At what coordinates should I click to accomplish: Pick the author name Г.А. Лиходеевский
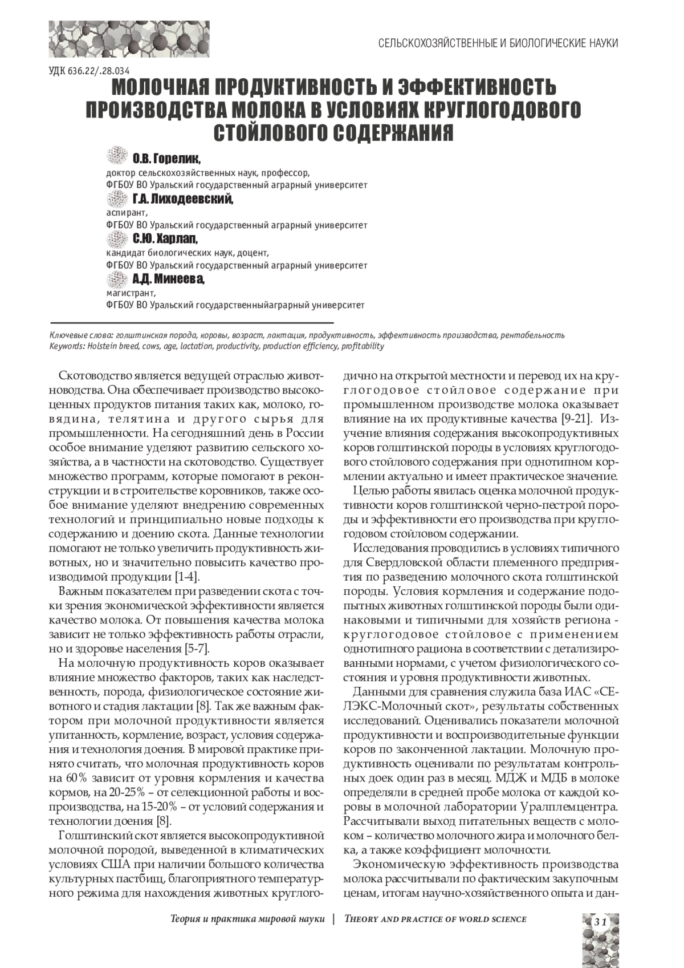[x=182, y=199]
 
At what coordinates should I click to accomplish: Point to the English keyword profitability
[x=363, y=346]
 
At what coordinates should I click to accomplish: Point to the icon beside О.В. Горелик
[x=116, y=155]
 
